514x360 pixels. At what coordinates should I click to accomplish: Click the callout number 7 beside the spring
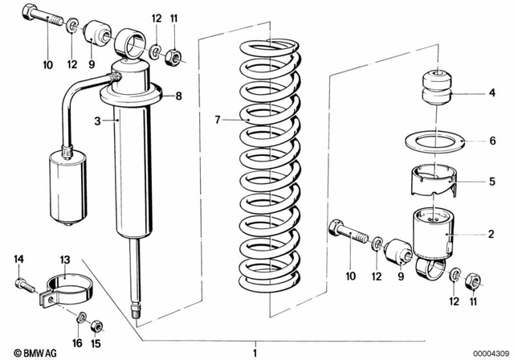click(216, 121)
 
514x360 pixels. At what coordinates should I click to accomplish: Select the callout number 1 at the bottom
click(255, 352)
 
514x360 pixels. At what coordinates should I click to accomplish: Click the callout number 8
click(178, 96)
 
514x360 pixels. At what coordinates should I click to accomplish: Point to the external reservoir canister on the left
click(68, 183)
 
